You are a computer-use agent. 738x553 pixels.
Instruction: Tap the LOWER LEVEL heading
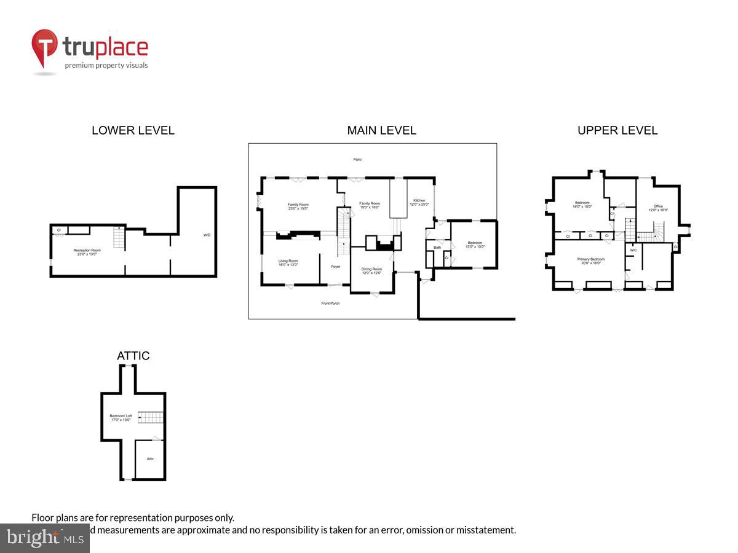133,130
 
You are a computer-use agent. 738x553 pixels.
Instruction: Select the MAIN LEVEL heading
381,130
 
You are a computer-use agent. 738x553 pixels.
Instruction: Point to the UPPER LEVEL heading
617,130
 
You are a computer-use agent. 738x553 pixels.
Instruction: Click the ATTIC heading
133,356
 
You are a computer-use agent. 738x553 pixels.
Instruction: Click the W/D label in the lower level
207,235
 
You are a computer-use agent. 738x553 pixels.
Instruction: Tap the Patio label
357,160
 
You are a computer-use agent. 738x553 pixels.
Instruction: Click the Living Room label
288,262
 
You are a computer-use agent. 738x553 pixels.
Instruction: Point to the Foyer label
336,267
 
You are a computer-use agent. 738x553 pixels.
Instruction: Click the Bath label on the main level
437,248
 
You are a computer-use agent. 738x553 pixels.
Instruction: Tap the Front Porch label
330,304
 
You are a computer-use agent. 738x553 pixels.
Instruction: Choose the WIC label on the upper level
633,250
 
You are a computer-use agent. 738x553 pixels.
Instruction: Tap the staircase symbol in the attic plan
151,418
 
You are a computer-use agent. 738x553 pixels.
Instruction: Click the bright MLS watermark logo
44,538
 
